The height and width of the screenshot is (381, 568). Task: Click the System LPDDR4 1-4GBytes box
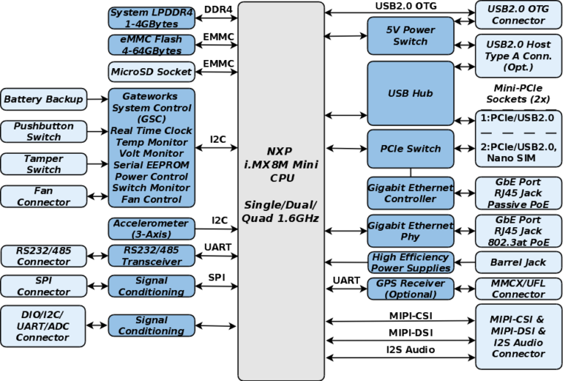(152, 18)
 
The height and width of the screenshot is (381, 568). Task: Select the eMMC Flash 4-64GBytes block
(152, 45)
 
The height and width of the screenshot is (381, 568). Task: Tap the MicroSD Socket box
(152, 72)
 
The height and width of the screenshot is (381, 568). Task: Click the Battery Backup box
(44, 98)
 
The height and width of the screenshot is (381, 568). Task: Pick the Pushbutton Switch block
(44, 132)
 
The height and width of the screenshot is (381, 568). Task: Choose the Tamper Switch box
(44, 164)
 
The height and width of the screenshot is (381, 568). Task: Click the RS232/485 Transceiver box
(152, 255)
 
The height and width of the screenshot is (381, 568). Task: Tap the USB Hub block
(410, 93)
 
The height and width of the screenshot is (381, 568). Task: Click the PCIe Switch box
(410, 149)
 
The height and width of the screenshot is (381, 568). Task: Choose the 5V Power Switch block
(410, 36)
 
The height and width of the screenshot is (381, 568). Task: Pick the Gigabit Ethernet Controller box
(410, 193)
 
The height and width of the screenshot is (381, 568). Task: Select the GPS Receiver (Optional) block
(410, 289)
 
